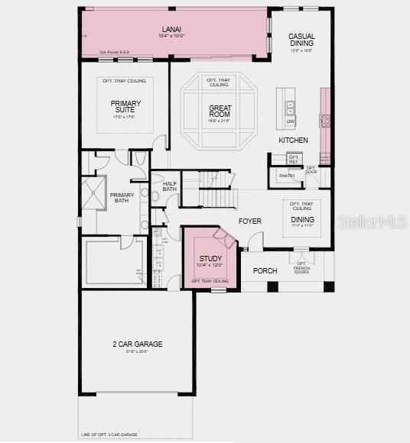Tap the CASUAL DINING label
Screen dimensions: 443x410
click(301, 40)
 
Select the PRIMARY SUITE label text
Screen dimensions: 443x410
click(125, 107)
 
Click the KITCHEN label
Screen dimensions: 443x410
click(293, 141)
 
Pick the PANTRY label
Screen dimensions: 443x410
click(287, 176)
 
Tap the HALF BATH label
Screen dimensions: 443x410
click(170, 186)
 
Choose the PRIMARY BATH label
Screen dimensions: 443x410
click(122, 197)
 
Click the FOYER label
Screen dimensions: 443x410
click(249, 221)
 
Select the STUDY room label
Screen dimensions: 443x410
click(210, 259)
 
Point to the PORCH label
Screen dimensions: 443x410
click(265, 270)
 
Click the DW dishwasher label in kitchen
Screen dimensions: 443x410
click(291, 121)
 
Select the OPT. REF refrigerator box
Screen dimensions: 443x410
click(293, 160)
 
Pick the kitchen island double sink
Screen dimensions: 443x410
click(291, 105)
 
